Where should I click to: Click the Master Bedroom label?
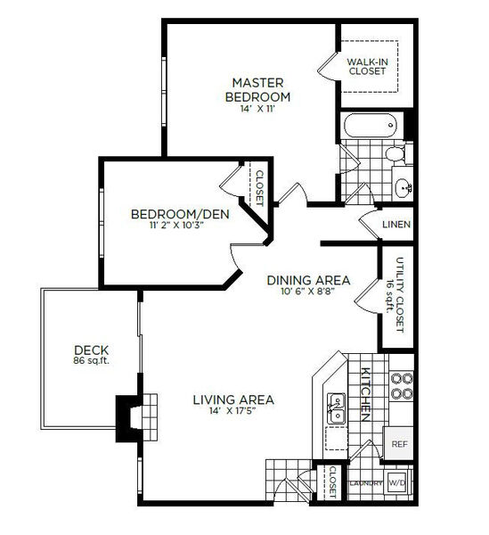tap(257, 90)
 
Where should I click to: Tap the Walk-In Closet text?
tap(367, 67)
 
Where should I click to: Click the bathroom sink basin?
tap(403, 187)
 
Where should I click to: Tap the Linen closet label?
tap(396, 225)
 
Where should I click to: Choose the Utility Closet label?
tap(400, 295)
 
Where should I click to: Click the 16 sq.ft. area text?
tap(389, 296)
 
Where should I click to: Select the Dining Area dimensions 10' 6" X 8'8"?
tap(307, 292)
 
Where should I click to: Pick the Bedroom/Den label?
tap(180, 214)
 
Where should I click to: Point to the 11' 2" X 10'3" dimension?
tap(176, 226)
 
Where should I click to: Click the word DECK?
tap(92, 350)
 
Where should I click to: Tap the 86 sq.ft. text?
tap(92, 360)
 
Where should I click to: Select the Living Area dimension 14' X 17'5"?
tap(233, 410)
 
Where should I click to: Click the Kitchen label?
tap(365, 394)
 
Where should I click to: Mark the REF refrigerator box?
tap(398, 443)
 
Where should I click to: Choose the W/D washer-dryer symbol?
tap(397, 482)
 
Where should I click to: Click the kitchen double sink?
tap(336, 408)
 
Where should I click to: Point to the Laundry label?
tap(366, 483)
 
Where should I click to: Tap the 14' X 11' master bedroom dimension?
tap(257, 109)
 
